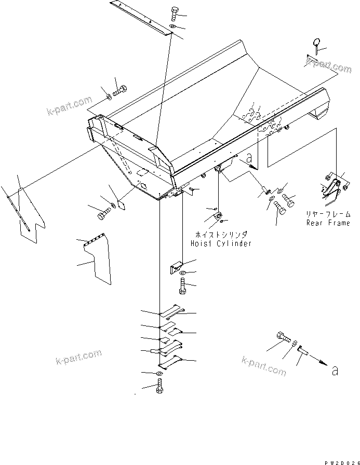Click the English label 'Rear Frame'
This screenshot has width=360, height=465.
tap(328, 223)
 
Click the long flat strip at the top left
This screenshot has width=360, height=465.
tap(141, 18)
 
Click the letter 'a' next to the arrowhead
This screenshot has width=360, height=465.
tap(335, 371)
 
